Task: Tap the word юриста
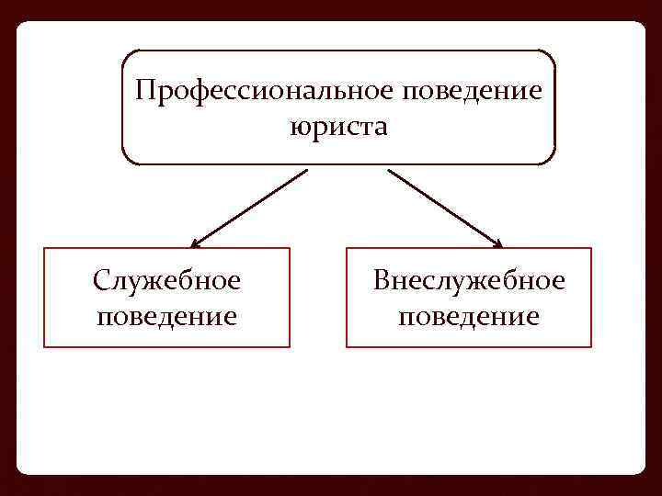[338, 127]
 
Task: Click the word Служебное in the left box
[166, 280]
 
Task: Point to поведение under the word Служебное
[166, 317]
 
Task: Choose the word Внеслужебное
[469, 280]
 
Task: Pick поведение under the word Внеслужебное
[469, 317]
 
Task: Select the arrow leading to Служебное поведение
[248, 209]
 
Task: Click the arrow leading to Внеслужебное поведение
[445, 209]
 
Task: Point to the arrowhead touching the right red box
[498, 244]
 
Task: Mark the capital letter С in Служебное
[100, 280]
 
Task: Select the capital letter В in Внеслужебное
[382, 280]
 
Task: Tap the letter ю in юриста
[298, 128]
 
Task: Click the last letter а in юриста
[381, 128]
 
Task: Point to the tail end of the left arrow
[305, 171]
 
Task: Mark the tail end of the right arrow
[390, 171]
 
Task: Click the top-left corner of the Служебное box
[44, 248]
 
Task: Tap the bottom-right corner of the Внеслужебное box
[591, 346]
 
